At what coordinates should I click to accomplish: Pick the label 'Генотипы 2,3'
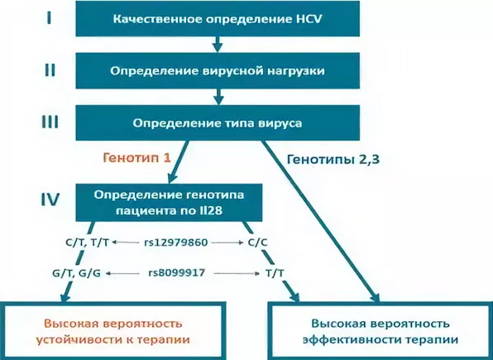(328, 157)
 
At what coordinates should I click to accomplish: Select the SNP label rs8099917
(179, 272)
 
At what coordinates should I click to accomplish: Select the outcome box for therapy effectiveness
(376, 331)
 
